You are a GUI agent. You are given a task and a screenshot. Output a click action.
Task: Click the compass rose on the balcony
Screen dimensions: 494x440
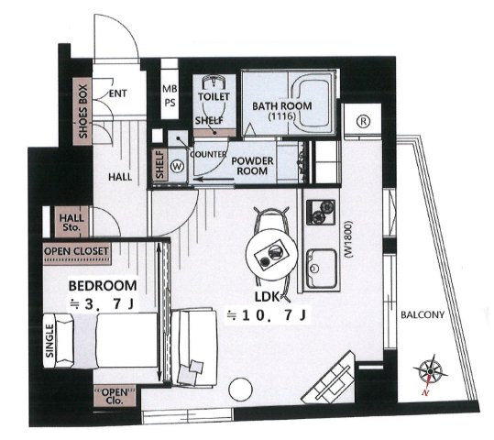pos(430,372)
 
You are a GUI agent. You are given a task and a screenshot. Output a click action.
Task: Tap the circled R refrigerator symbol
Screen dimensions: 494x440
pos(364,121)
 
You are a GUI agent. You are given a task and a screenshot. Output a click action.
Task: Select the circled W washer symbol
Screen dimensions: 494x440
pos(178,166)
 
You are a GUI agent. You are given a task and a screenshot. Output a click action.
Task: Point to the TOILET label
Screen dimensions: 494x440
pos(214,96)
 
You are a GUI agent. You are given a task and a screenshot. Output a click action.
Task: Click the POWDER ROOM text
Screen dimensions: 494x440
pos(252,166)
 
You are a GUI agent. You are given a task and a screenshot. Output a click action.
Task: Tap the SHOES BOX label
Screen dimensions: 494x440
pos(82,111)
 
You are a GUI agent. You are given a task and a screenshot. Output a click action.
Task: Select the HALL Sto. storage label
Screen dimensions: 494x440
pos(71,222)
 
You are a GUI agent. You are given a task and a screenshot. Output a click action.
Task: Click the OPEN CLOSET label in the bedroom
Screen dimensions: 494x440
pos(77,251)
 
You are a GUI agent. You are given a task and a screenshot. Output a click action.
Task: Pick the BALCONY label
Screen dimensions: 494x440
pos(423,314)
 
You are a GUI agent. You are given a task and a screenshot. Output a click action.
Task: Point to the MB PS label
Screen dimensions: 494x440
pos(170,95)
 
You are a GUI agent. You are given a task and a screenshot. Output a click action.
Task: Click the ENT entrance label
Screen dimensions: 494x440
pos(118,93)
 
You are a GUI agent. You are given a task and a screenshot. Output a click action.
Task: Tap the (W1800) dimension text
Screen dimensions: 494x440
pos(348,239)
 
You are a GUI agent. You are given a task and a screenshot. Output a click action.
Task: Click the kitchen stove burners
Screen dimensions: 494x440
pos(321,212)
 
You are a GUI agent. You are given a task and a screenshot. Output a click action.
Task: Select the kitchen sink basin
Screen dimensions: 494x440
pos(322,268)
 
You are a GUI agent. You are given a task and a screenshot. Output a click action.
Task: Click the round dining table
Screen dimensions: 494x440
pos(271,255)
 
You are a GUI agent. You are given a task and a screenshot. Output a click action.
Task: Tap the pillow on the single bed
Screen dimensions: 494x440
pos(64,341)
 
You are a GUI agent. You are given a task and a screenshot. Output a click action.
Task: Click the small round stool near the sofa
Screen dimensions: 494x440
pos(241,390)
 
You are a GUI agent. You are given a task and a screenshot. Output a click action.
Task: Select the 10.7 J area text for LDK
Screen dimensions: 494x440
pos(267,315)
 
